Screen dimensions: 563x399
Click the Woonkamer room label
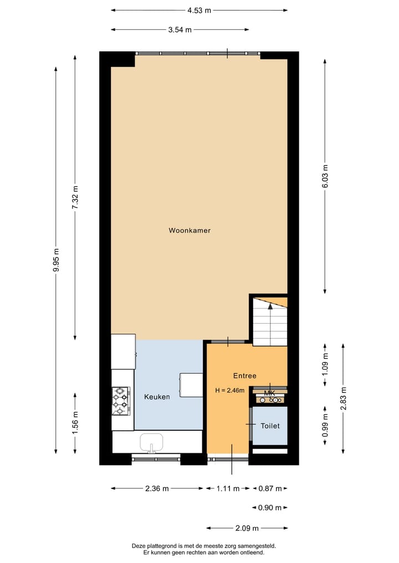coord(190,230)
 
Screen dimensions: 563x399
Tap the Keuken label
coord(157,397)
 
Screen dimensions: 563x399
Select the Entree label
coord(244,375)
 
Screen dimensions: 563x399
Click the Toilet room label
coord(270,426)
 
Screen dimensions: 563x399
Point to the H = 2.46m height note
coord(230,390)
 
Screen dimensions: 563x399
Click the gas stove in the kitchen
coord(121,401)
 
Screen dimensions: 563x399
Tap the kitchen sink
coord(151,442)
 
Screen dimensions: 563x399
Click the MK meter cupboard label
coord(270,394)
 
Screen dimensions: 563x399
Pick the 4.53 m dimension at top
coord(199,11)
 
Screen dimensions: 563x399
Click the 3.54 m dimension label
coord(180,30)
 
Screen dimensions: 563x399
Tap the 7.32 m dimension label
coord(75,196)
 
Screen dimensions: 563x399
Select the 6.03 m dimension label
coord(325,176)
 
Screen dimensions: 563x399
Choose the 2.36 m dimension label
coord(157,488)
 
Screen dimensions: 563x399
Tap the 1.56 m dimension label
coord(75,422)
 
